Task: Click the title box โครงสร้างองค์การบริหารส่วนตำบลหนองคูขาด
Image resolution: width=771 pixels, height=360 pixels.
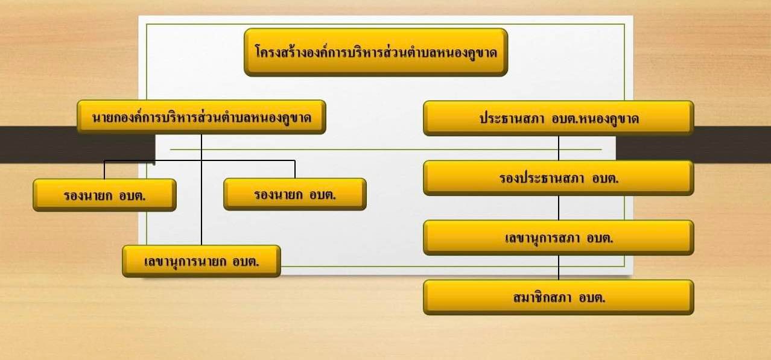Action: (x=376, y=52)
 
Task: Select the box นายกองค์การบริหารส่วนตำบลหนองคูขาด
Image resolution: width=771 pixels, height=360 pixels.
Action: (x=201, y=117)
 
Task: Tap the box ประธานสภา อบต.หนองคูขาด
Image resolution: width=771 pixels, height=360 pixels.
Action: (x=558, y=118)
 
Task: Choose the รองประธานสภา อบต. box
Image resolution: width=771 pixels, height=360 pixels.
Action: (x=558, y=178)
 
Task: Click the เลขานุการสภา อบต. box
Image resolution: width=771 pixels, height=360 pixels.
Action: (x=558, y=238)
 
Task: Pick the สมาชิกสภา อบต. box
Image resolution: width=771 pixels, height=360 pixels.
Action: (x=558, y=297)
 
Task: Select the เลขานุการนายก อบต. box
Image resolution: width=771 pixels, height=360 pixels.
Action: (x=201, y=261)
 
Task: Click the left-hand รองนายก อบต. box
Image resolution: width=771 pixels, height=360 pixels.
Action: (x=104, y=195)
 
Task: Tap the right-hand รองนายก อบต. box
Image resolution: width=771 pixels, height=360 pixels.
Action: (x=295, y=194)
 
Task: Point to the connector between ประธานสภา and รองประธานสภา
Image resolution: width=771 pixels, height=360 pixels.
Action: (x=558, y=148)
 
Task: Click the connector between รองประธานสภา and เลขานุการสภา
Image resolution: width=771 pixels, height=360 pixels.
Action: (x=558, y=208)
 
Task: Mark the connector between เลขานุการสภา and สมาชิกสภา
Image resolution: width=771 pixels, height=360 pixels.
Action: (x=558, y=267)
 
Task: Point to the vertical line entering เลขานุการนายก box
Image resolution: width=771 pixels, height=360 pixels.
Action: (x=201, y=189)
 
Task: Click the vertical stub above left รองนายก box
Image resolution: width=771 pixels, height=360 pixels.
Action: (x=104, y=169)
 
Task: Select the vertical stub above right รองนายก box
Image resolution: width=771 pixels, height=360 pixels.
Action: (x=295, y=169)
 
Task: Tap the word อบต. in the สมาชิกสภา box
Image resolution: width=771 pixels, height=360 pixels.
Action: (x=592, y=298)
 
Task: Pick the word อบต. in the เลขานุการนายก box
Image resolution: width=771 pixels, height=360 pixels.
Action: (x=246, y=262)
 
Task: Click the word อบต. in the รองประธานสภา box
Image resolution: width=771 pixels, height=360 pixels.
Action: (x=605, y=178)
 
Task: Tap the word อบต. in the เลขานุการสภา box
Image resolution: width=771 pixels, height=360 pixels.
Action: (x=600, y=238)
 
